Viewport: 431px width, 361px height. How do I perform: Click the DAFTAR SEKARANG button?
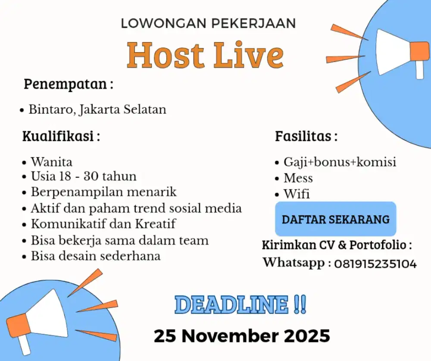[335, 219]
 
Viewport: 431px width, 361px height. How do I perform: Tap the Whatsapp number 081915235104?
[375, 263]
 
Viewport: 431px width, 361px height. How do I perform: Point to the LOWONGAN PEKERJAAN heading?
[208, 23]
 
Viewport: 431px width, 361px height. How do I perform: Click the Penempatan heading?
[68, 84]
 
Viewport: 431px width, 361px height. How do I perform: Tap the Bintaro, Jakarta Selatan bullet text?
[97, 109]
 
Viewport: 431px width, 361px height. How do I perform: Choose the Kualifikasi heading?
[61, 137]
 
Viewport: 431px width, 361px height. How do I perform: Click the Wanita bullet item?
[51, 162]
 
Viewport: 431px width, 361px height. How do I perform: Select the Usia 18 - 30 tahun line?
[83, 176]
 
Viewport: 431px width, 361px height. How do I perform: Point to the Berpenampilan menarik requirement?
[103, 191]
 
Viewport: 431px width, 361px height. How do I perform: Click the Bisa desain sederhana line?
[95, 255]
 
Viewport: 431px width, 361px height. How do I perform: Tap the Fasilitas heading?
[306, 137]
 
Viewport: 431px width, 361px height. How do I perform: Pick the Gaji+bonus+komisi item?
[340, 162]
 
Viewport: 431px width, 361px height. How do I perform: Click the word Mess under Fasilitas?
[298, 178]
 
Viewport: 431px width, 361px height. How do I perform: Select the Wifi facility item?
[297, 194]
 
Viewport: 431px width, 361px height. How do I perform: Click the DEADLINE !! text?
[241, 304]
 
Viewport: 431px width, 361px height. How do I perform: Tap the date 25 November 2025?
[242, 335]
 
